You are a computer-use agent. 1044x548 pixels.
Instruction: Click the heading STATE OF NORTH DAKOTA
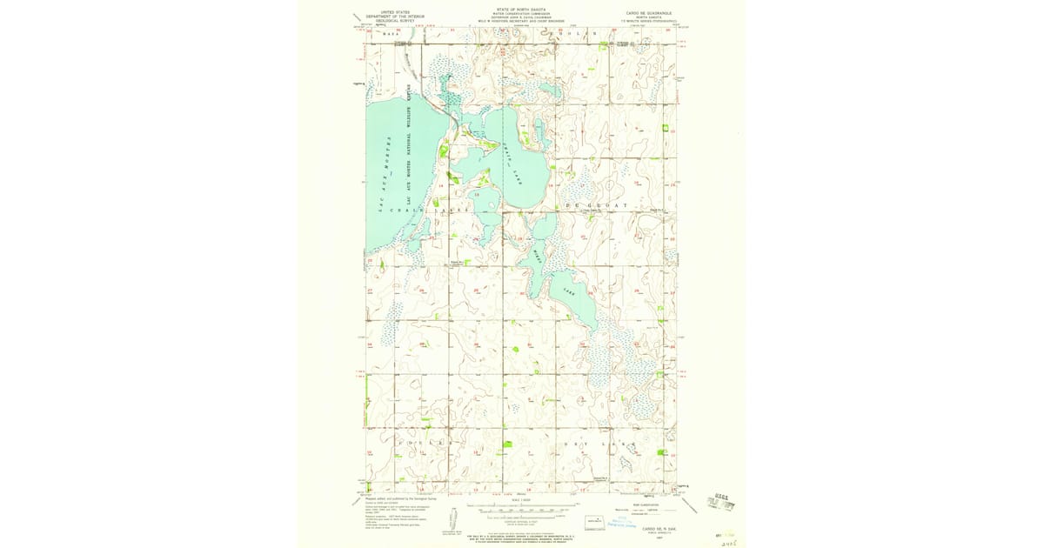520,10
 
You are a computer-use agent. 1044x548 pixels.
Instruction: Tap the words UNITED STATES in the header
388,12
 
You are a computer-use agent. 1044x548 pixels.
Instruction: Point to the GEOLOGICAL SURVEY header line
388,20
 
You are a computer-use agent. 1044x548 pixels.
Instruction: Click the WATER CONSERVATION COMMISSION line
520,14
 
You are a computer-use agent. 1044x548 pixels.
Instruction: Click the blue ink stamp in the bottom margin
621,523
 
